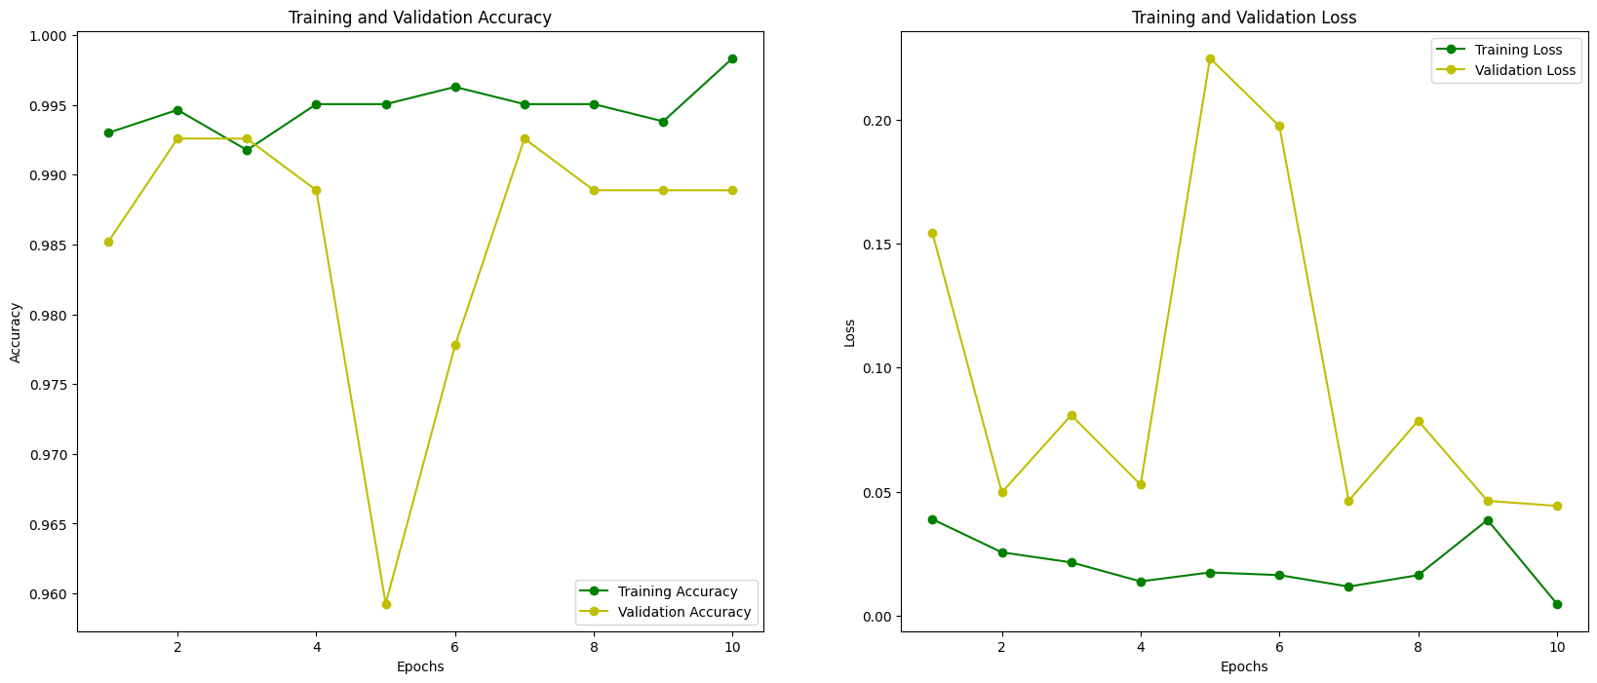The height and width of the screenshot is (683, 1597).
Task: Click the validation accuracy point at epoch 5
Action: point(386,604)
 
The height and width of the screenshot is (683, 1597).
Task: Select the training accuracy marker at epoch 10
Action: point(732,58)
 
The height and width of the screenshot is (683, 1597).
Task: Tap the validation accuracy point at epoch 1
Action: point(108,242)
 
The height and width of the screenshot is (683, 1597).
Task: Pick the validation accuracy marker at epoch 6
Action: point(455,345)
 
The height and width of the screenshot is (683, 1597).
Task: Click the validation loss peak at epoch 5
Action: point(1210,58)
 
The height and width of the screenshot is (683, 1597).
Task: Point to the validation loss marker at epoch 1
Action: point(932,233)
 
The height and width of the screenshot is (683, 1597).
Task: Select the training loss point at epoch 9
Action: point(1488,520)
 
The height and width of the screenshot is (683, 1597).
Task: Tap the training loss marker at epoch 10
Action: point(1557,604)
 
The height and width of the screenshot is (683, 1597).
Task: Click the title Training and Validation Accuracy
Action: point(420,18)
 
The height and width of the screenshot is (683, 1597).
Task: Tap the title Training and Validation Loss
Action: point(1244,18)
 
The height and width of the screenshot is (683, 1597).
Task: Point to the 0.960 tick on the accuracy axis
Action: point(49,594)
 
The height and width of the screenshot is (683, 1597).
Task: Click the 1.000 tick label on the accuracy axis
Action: point(49,36)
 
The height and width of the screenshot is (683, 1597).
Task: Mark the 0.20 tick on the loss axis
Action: point(876,121)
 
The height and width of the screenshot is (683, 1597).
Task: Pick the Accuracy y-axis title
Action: point(16,332)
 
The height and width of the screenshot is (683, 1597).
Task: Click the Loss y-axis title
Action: point(850,332)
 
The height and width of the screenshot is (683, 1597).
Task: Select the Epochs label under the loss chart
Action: point(1244,666)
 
